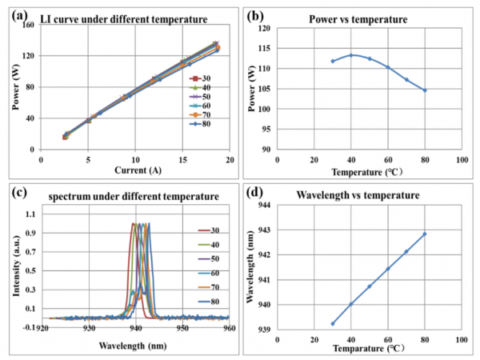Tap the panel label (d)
tap(257, 193)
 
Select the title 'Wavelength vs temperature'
tap(356, 194)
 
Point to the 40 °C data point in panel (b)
tap(351, 55)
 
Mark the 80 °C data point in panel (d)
tap(425, 234)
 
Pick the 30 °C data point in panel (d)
tap(332, 323)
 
